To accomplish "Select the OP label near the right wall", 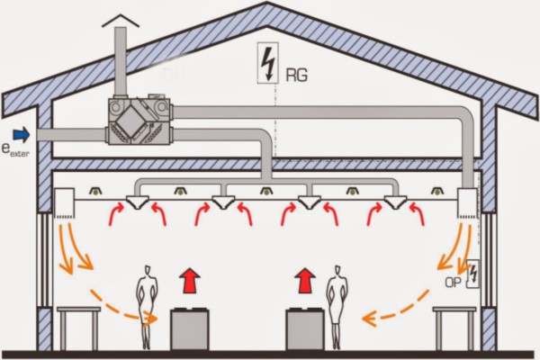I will click(454, 283).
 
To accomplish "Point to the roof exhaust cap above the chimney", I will click(121, 19).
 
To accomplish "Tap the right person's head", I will click(337, 270).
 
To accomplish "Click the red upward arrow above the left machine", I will click(189, 280).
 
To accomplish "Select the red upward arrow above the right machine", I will click(306, 280).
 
